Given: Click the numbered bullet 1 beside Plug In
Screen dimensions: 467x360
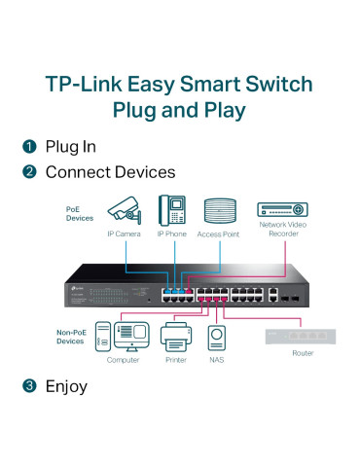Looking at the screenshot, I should (29, 147).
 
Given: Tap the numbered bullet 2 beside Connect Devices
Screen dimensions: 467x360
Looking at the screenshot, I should (29, 172).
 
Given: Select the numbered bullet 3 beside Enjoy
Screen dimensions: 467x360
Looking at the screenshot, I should (29, 386).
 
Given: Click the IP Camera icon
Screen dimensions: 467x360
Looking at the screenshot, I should (126, 210).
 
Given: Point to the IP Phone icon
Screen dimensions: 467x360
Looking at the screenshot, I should (173, 210).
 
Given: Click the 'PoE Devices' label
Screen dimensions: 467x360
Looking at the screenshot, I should (80, 213).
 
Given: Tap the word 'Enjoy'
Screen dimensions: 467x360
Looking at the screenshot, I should (66, 386).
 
